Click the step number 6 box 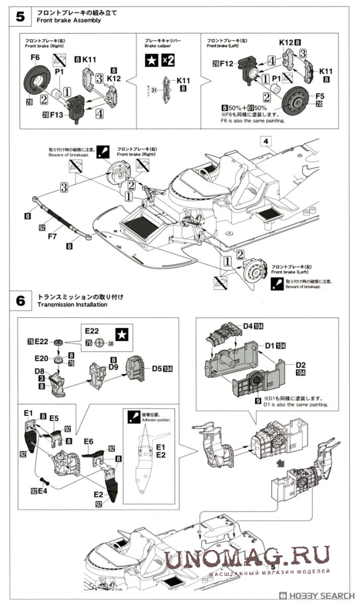click(20, 301)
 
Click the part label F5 click(319, 96)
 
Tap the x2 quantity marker click(168, 59)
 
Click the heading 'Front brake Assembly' click(69, 20)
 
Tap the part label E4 click(44, 490)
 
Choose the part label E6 click(89, 441)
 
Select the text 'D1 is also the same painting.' click(291, 405)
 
